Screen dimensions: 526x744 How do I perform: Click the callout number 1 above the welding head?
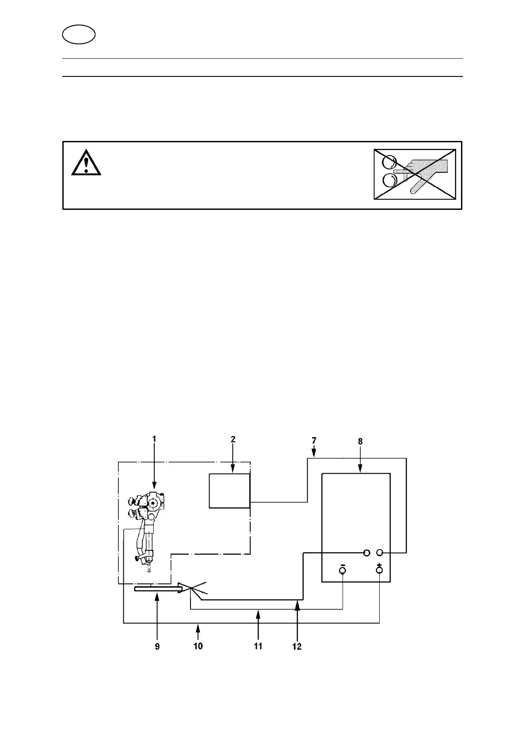pyautogui.click(x=154, y=439)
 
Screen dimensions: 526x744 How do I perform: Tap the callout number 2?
pyautogui.click(x=233, y=439)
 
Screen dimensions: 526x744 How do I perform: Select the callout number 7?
pyautogui.click(x=314, y=440)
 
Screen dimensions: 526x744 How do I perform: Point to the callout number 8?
pyautogui.click(x=360, y=441)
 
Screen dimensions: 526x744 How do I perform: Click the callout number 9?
pyautogui.click(x=157, y=646)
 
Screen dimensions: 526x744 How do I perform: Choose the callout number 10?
pyautogui.click(x=198, y=646)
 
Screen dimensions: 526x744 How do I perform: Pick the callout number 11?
pyautogui.click(x=258, y=646)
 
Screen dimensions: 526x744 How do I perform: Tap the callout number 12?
pyautogui.click(x=297, y=646)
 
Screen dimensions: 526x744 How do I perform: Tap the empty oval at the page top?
pyautogui.click(x=79, y=34)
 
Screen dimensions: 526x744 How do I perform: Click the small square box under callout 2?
pyautogui.click(x=229, y=491)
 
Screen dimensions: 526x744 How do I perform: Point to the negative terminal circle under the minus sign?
pyautogui.click(x=343, y=571)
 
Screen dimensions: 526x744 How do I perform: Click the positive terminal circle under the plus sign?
pyautogui.click(x=379, y=571)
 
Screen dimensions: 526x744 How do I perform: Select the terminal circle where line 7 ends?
pyautogui.click(x=380, y=553)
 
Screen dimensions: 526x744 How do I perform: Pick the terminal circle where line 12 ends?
pyautogui.click(x=366, y=553)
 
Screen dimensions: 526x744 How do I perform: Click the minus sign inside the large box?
pyautogui.click(x=343, y=565)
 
